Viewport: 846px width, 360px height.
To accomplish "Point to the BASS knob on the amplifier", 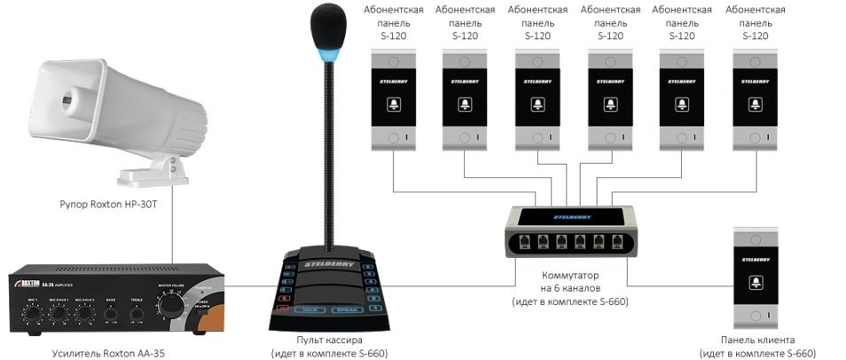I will click(111, 310).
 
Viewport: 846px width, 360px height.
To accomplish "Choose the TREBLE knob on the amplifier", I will click(137, 310).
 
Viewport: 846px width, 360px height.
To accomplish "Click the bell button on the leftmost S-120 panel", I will click(392, 105).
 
